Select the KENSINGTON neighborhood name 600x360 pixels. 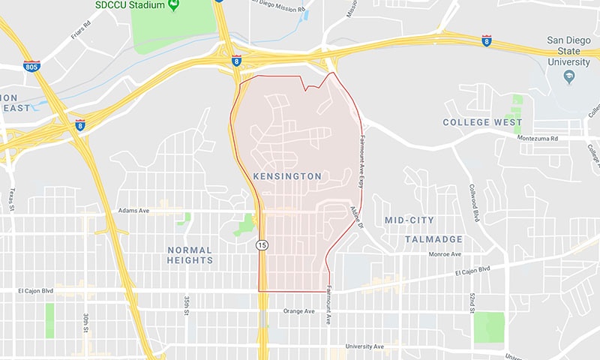point(287,176)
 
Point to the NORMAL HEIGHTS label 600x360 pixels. point(190,255)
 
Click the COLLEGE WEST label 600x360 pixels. point(481,122)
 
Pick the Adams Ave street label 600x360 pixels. point(134,211)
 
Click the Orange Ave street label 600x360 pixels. point(297,310)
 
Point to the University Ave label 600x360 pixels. point(364,346)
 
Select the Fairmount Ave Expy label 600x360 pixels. point(362,158)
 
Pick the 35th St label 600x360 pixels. point(187,307)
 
